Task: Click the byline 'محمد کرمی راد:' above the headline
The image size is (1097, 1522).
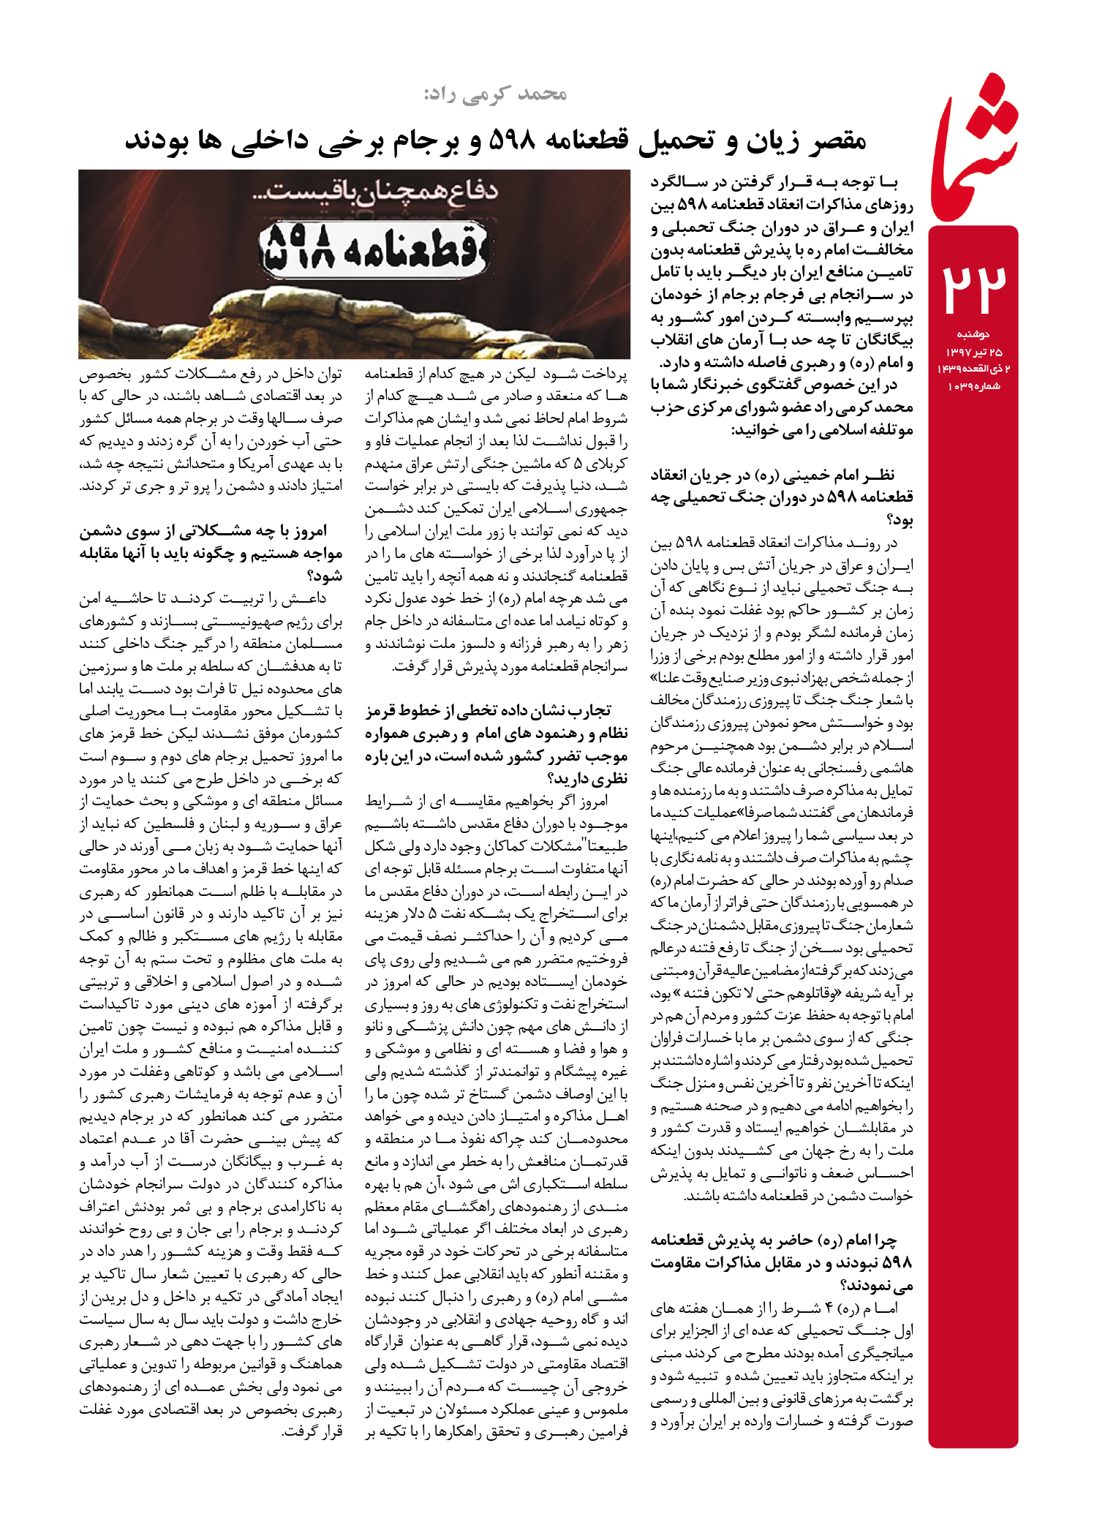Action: coord(495,94)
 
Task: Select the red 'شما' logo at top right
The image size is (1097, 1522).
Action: coord(974,150)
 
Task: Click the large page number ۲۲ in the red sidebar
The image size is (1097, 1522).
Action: coord(973,288)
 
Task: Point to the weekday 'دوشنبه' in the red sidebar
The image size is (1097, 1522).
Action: coord(973,334)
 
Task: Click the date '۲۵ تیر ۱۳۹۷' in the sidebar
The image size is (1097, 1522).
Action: coord(973,352)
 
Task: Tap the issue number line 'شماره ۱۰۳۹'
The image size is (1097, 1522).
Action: coord(973,386)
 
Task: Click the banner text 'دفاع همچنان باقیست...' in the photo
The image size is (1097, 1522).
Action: coord(380,193)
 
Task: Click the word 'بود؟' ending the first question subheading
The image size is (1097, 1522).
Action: coord(899,520)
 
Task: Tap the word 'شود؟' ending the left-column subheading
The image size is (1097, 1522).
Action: coord(325,576)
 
